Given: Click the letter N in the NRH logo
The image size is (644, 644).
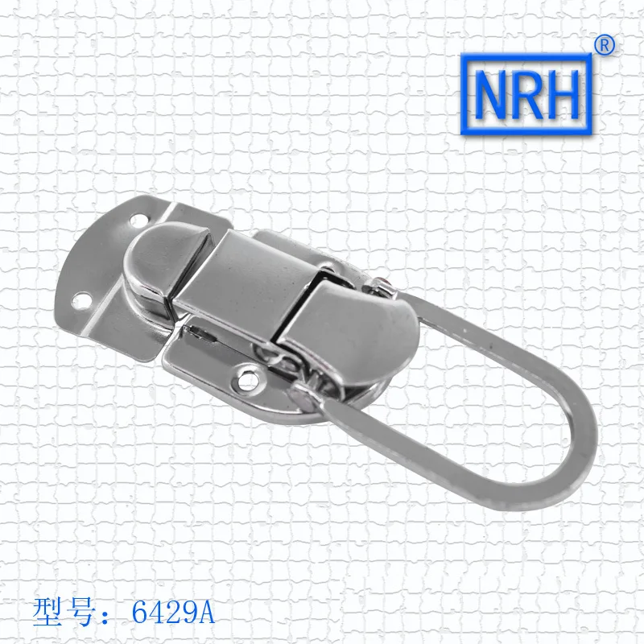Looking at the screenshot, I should point(492,94).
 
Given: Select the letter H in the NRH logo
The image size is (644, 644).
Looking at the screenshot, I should point(563,94).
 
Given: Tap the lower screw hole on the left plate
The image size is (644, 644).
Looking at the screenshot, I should point(80,300).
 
